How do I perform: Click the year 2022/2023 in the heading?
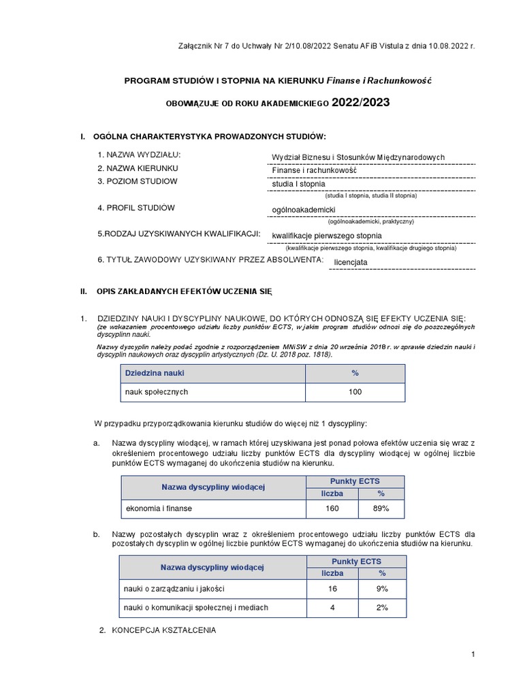click(362, 103)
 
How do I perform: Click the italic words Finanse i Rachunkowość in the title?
click(379, 80)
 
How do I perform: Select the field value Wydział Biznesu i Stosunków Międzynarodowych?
click(358, 157)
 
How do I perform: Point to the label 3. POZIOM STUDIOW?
click(137, 181)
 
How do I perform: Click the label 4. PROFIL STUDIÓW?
click(136, 207)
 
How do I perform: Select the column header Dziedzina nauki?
click(155, 374)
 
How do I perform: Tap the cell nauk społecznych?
click(156, 392)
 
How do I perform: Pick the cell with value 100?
click(355, 392)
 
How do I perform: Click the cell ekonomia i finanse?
click(159, 508)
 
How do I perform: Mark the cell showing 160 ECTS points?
click(332, 508)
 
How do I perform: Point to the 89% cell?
click(381, 508)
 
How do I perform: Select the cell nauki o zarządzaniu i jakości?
click(174, 588)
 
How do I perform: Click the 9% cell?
click(382, 588)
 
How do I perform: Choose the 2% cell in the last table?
click(382, 607)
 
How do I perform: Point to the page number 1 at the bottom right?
click(472, 654)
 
